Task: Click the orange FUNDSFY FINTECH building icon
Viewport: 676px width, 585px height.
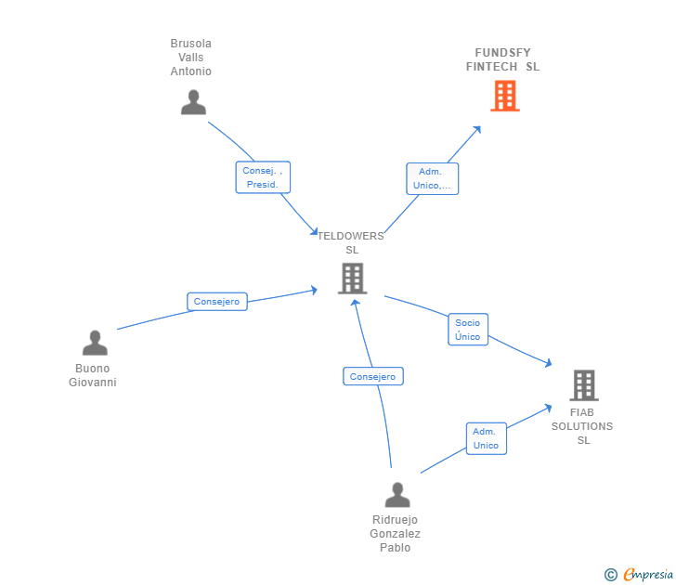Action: point(504,96)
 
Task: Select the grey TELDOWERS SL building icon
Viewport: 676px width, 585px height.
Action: point(352,278)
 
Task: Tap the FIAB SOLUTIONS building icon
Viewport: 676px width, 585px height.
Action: point(583,384)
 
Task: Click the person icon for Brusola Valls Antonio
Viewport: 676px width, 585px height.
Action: point(193,102)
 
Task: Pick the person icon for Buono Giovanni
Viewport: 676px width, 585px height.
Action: point(95,344)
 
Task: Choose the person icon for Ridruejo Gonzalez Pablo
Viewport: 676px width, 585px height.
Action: point(397,495)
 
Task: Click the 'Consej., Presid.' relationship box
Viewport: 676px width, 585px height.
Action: point(263,177)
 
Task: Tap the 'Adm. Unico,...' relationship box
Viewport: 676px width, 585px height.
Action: point(432,178)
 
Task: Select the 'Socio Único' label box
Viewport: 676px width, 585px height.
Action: point(468,330)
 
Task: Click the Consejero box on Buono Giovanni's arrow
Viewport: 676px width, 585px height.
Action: point(217,302)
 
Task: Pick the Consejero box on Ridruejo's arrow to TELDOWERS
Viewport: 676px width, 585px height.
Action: point(372,376)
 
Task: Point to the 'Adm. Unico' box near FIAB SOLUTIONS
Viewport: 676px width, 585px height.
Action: point(486,438)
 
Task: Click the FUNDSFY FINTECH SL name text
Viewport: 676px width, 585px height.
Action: point(502,59)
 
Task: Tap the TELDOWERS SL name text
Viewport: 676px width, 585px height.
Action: point(351,242)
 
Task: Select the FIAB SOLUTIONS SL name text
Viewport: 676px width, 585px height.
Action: point(582,426)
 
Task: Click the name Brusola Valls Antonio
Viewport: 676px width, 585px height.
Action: point(191,58)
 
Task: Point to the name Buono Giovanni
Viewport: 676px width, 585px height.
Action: point(93,375)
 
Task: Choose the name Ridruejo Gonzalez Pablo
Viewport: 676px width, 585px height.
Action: point(396,534)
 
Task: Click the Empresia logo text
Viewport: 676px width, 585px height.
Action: point(648,575)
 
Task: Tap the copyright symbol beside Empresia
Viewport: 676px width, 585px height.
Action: point(610,575)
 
